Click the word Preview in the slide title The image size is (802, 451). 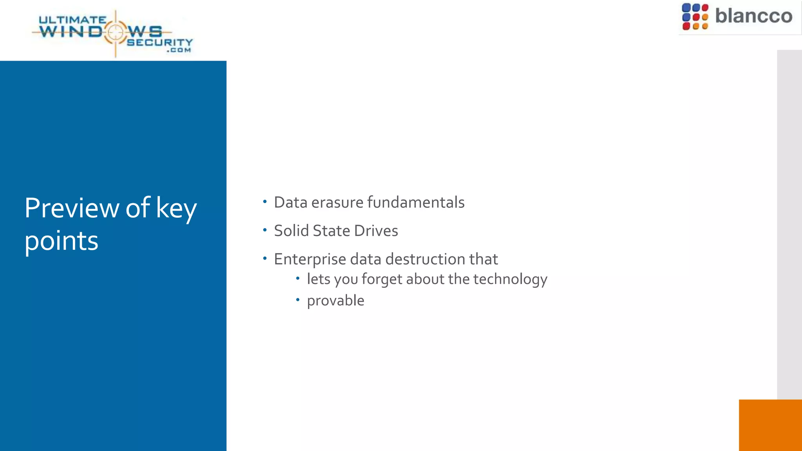(71, 208)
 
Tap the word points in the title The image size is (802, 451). (61, 241)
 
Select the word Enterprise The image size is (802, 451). (310, 259)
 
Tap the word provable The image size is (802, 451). (336, 301)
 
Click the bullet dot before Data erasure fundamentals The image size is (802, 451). (265, 202)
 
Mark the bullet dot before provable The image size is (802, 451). (298, 300)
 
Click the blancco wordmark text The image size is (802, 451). (753, 16)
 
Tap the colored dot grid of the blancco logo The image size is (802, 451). (695, 17)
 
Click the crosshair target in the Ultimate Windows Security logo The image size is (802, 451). (116, 32)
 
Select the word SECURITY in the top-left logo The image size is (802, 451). (160, 42)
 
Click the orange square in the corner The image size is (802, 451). (770, 425)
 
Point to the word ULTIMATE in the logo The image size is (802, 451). (72, 20)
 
